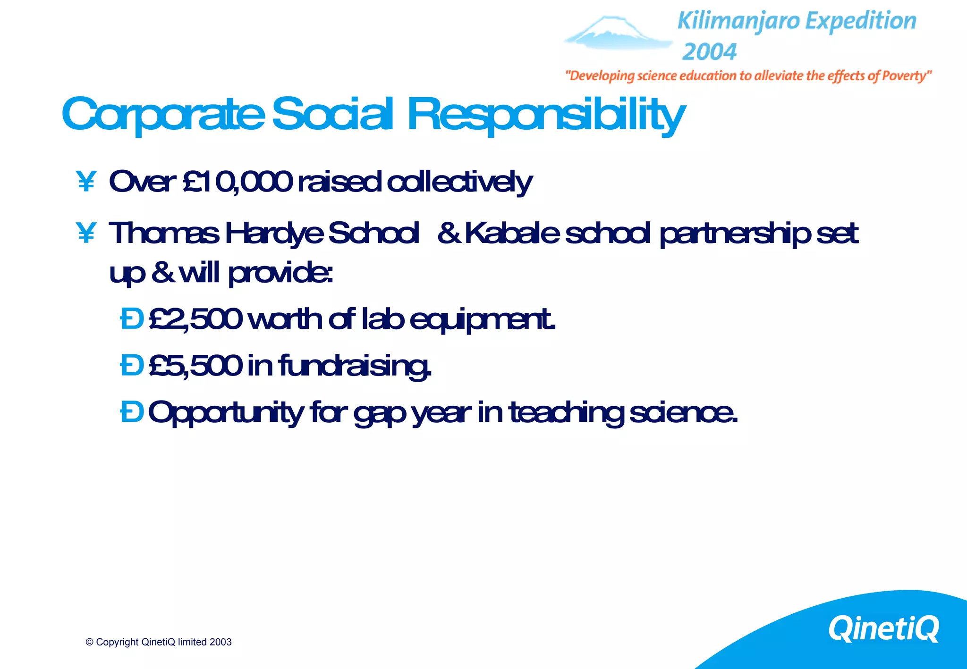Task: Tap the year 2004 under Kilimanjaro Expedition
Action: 709,51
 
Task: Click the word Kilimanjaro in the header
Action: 739,22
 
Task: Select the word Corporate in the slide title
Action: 163,115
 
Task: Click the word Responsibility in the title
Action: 546,115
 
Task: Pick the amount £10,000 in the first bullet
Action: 238,182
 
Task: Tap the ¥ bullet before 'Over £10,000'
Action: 86,182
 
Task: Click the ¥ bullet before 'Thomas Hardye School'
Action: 86,233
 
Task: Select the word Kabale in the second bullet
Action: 512,233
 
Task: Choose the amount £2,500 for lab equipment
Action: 195,319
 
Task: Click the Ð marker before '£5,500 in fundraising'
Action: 132,366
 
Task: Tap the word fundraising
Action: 354,366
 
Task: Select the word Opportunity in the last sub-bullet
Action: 226,413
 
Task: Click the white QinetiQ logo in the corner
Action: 883,628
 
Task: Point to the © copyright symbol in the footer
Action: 89,642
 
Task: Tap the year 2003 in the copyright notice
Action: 221,642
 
